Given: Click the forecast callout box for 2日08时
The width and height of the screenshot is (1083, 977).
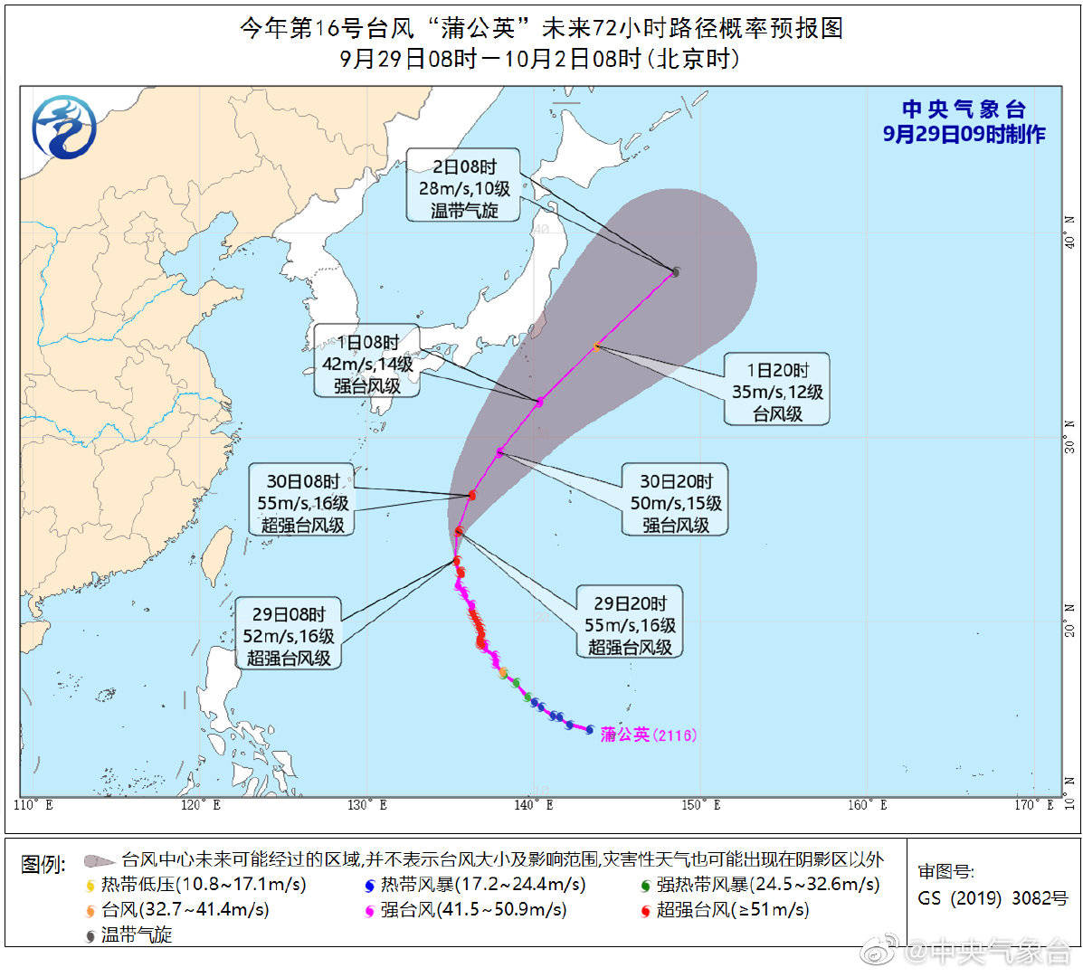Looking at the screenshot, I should [463, 188].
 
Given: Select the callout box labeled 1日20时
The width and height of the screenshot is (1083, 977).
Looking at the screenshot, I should [777, 392].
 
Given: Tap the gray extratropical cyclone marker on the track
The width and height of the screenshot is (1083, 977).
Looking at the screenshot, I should [675, 271].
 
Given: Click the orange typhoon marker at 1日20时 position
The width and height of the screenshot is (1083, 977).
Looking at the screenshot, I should [596, 347].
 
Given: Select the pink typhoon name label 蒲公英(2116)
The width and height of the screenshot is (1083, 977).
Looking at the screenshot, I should [649, 735].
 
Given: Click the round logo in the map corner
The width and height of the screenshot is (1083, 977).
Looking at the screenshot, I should [63, 127].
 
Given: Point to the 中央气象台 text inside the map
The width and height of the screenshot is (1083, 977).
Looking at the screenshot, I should [964, 109].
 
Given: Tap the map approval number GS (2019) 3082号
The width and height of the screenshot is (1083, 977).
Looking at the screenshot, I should [993, 898].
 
